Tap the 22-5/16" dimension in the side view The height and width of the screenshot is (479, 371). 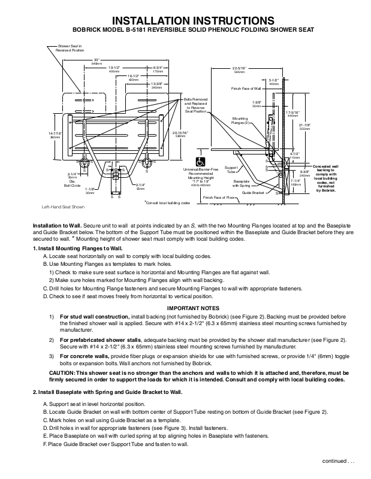[x=239, y=70]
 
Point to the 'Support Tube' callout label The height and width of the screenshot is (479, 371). [x=231, y=169]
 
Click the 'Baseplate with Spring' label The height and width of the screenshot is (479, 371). [x=242, y=182]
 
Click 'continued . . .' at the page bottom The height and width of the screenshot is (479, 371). [x=339, y=461]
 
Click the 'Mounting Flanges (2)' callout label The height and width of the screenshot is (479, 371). [x=241, y=120]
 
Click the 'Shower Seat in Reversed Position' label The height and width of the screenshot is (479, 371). [x=71, y=48]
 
